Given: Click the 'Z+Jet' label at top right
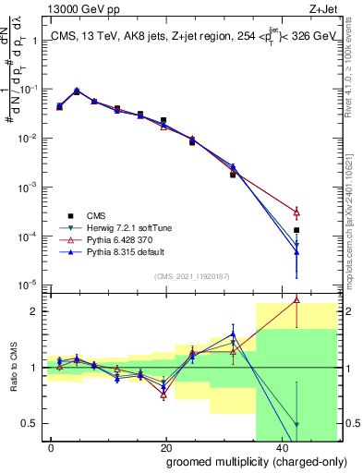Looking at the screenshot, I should pyautogui.click(x=322, y=10).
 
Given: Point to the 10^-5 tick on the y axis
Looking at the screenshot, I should pyautogui.click(x=28, y=285).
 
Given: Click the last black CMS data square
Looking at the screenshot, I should pyautogui.click(x=296, y=230).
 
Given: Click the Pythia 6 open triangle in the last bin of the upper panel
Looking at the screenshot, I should pyautogui.click(x=296, y=212).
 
